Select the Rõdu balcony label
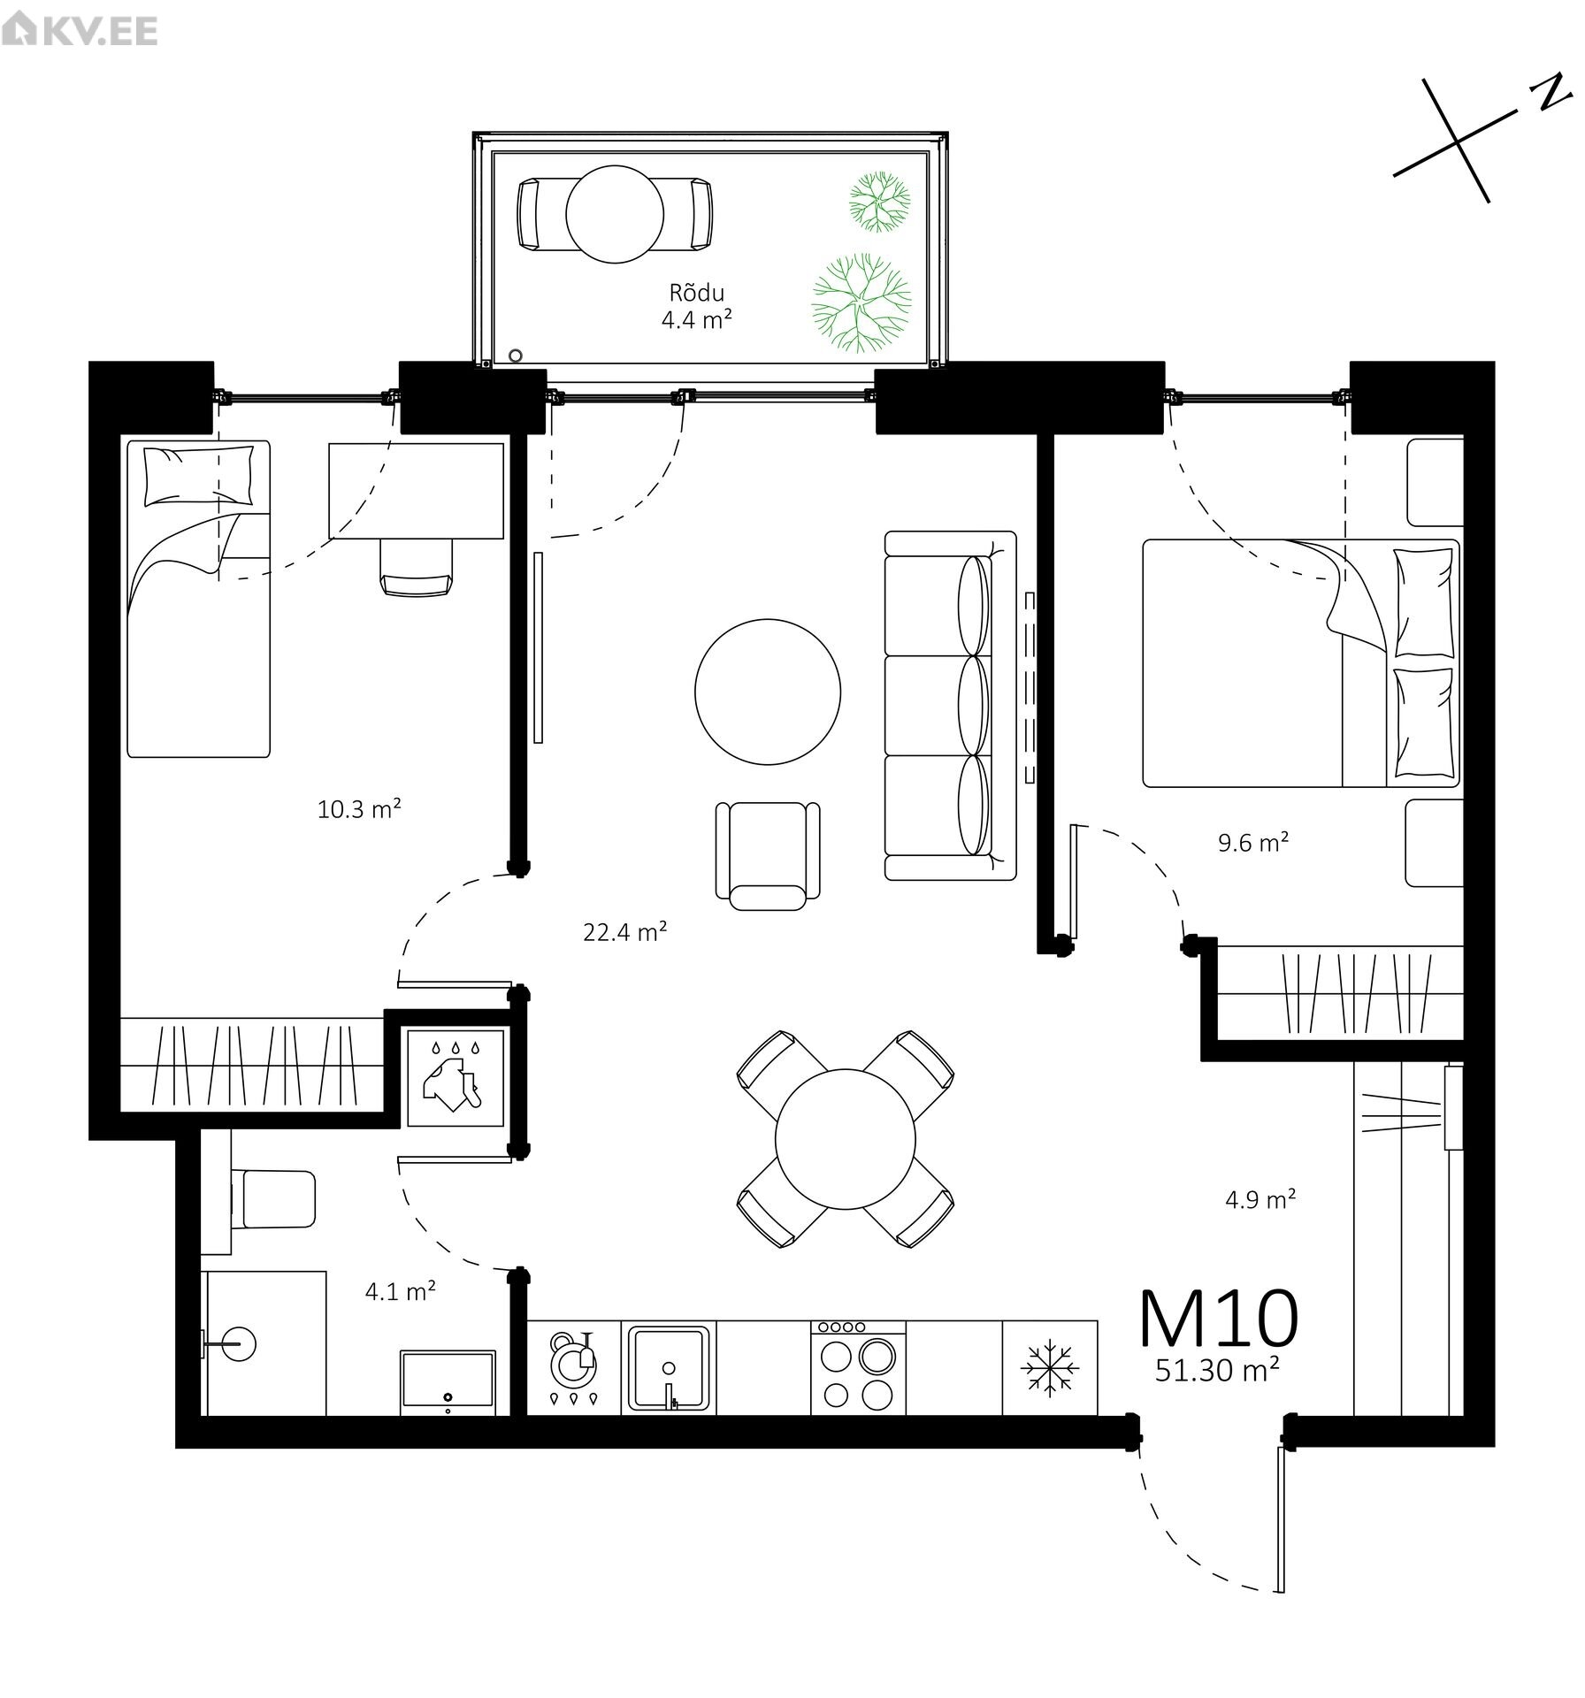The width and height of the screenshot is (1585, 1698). coord(697,293)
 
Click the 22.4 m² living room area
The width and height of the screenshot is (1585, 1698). coord(624,931)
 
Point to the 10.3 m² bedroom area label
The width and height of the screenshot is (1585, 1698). coord(360,808)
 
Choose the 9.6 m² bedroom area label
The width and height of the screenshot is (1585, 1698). coord(1252,842)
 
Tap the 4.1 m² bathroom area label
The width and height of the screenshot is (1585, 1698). coord(400,1291)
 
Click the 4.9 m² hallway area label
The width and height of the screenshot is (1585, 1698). coord(1260,1200)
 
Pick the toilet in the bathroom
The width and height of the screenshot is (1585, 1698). coord(274,1199)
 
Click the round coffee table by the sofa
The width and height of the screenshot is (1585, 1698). coord(767,691)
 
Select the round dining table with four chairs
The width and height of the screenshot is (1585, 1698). coord(845,1139)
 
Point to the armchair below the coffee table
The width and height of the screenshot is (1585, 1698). coord(767,853)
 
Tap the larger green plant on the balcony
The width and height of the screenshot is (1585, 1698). coord(861,302)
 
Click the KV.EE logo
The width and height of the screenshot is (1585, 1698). coord(80,31)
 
